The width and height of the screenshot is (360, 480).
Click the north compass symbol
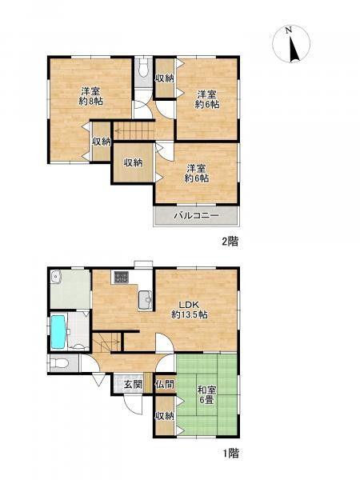click(291, 44)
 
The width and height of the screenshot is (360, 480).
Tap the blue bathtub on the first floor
click(58, 332)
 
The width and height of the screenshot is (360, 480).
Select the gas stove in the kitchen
click(122, 278)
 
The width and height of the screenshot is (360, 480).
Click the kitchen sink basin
click(145, 299)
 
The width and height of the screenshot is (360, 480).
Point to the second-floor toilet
click(143, 68)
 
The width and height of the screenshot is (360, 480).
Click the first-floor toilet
click(59, 363)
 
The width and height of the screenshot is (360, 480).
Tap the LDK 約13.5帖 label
click(189, 310)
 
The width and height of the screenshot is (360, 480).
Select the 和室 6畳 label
click(206, 395)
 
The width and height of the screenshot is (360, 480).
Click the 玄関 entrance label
click(133, 385)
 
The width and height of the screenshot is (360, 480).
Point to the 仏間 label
click(165, 385)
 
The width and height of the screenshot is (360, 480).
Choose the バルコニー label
click(197, 215)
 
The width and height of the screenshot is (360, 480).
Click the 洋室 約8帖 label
click(90, 97)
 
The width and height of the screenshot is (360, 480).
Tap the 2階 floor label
click(230, 242)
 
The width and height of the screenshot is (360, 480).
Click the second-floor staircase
click(134, 130)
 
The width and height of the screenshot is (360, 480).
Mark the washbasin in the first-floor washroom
click(55, 276)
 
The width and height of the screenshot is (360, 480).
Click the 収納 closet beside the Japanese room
click(165, 416)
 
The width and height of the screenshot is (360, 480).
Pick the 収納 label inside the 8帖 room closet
click(102, 142)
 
